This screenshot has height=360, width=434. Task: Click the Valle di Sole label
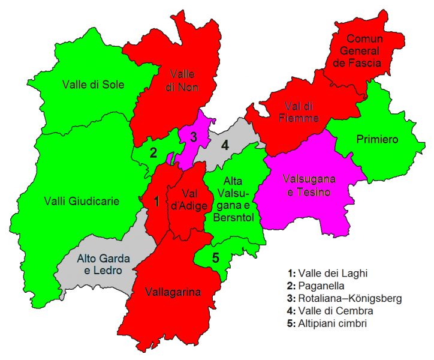click(x=93, y=85)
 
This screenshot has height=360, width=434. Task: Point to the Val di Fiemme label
click(x=299, y=112)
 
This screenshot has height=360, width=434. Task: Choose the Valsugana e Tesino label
click(x=309, y=185)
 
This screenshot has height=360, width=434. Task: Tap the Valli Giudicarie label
click(x=82, y=201)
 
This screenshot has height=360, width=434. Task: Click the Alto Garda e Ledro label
click(x=100, y=265)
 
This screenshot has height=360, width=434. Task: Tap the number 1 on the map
click(x=156, y=201)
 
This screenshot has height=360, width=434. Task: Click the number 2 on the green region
click(x=153, y=152)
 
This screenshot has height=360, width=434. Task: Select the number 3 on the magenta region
click(x=193, y=136)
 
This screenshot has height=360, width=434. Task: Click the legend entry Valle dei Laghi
click(x=331, y=273)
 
